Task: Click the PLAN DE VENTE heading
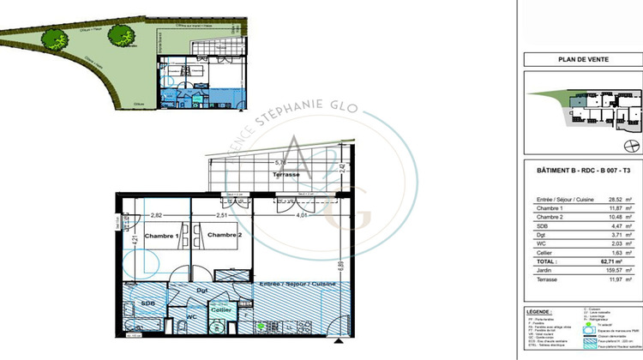pyautogui.click(x=584, y=60)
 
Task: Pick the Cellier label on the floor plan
pyautogui.click(x=221, y=309)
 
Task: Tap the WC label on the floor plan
pyautogui.click(x=192, y=317)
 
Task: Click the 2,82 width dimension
pyautogui.click(x=156, y=216)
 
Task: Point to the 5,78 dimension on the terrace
pyautogui.click(x=280, y=162)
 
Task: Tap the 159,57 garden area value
pyautogui.click(x=612, y=271)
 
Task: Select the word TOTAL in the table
pyautogui.click(x=540, y=262)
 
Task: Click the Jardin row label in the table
pyautogui.click(x=539, y=271)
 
